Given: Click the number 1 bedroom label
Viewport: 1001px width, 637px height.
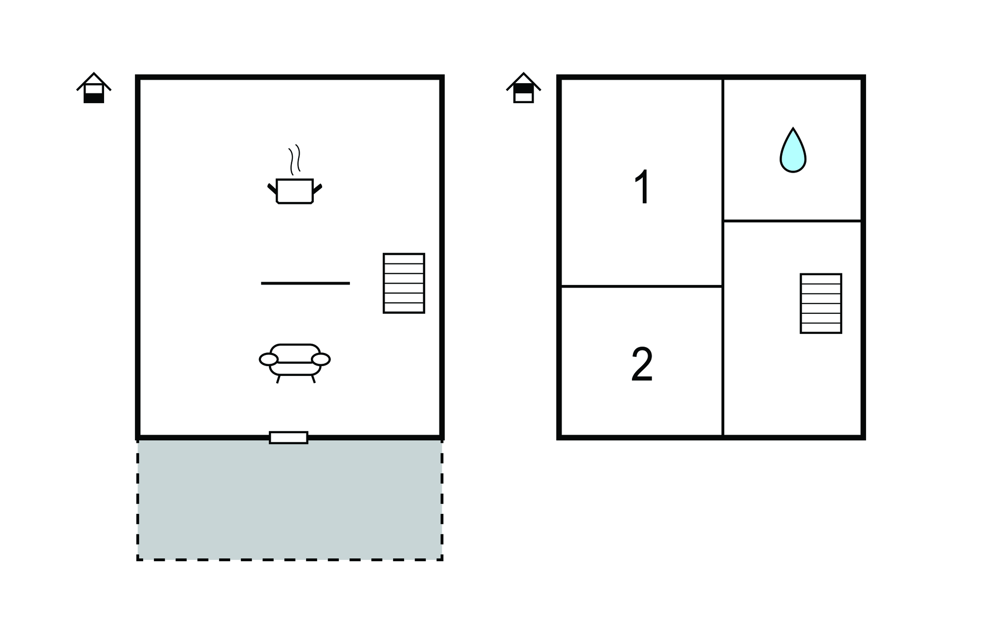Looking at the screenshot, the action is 642,187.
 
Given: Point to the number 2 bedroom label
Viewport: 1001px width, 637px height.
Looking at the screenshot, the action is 642,365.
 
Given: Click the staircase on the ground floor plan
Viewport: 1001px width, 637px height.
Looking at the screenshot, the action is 404,283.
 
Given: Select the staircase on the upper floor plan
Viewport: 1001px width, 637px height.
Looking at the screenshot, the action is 821,304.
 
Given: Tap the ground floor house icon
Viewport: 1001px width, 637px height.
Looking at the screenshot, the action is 94,88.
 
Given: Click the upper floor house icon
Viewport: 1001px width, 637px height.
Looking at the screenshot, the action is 523,88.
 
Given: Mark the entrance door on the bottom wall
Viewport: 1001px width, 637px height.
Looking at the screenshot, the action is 288,438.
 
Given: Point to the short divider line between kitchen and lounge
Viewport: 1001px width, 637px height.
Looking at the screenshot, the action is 305,283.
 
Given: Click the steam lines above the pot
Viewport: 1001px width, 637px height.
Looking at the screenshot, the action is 294,159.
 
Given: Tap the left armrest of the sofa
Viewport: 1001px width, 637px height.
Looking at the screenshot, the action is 268,359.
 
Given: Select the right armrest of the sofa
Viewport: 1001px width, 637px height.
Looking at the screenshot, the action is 321,359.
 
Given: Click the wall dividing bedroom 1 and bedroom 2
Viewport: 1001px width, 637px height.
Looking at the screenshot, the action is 642,286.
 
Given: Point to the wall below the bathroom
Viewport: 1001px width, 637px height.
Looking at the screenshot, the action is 792,221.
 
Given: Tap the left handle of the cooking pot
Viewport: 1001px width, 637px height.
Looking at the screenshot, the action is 272,189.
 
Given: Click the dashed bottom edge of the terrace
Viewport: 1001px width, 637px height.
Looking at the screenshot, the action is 290,560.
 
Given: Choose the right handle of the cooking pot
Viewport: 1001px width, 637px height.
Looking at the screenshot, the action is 317,189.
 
